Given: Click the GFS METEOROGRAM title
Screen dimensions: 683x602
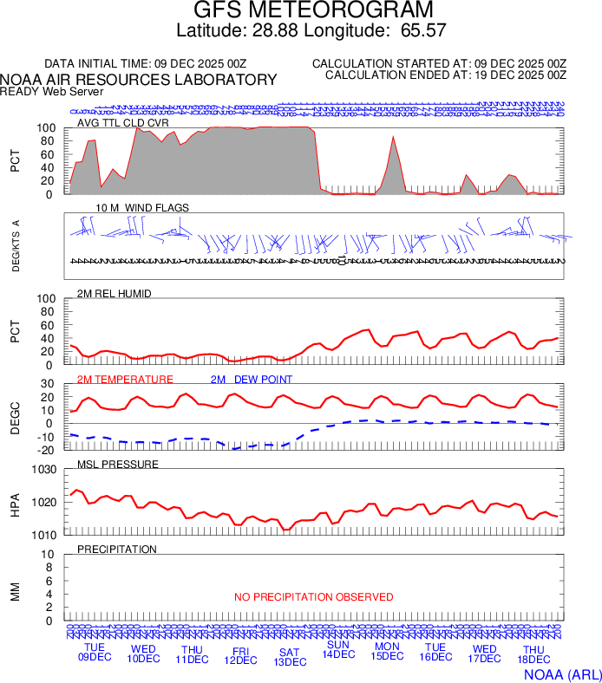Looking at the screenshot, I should coord(300,11).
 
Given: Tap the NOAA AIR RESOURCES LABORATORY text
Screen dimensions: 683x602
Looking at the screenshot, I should coord(139,80).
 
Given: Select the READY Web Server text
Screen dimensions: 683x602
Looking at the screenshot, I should coord(52,91).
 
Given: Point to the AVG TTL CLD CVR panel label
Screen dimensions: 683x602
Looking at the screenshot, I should coord(122,123).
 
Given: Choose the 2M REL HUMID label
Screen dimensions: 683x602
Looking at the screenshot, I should coord(115,294).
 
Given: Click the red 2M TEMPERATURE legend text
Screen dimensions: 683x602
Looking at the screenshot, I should coord(125,380).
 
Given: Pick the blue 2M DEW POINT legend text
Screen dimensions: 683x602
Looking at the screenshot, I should coord(252,380).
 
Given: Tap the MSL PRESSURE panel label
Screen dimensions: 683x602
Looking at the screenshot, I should coord(118,465).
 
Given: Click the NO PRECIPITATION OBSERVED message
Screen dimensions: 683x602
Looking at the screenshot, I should coord(313,597).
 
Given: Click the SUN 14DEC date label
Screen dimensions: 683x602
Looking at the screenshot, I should coord(338,649).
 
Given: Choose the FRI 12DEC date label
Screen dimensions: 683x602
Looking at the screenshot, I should coord(240,654).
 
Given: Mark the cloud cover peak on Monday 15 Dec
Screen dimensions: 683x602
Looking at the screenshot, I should coord(393,137).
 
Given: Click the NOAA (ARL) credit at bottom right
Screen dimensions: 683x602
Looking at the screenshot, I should coord(562,673).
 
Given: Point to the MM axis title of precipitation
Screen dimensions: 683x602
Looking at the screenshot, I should coord(15,592).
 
